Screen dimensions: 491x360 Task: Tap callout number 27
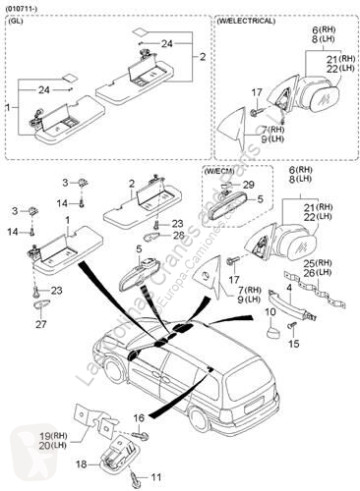tap(41, 324)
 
